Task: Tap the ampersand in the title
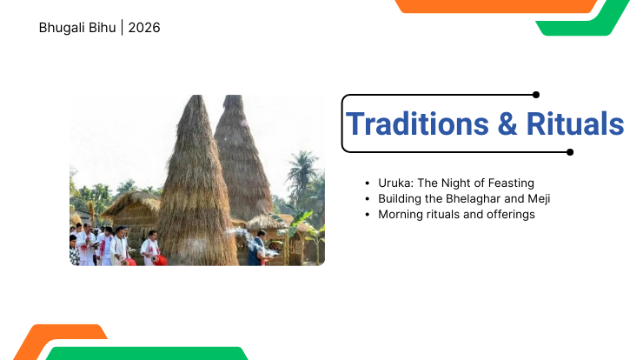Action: pos(507,124)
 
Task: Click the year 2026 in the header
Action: pos(144,28)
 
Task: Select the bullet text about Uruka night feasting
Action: pos(455,183)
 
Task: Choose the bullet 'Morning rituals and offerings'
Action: pos(456,214)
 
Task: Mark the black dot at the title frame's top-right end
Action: pos(536,95)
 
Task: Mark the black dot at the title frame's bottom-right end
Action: pos(570,152)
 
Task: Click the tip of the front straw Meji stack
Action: pos(197,97)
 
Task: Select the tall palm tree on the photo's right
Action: pos(302,174)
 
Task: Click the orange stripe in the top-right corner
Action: pos(495,6)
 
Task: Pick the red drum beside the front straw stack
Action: pos(160,260)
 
